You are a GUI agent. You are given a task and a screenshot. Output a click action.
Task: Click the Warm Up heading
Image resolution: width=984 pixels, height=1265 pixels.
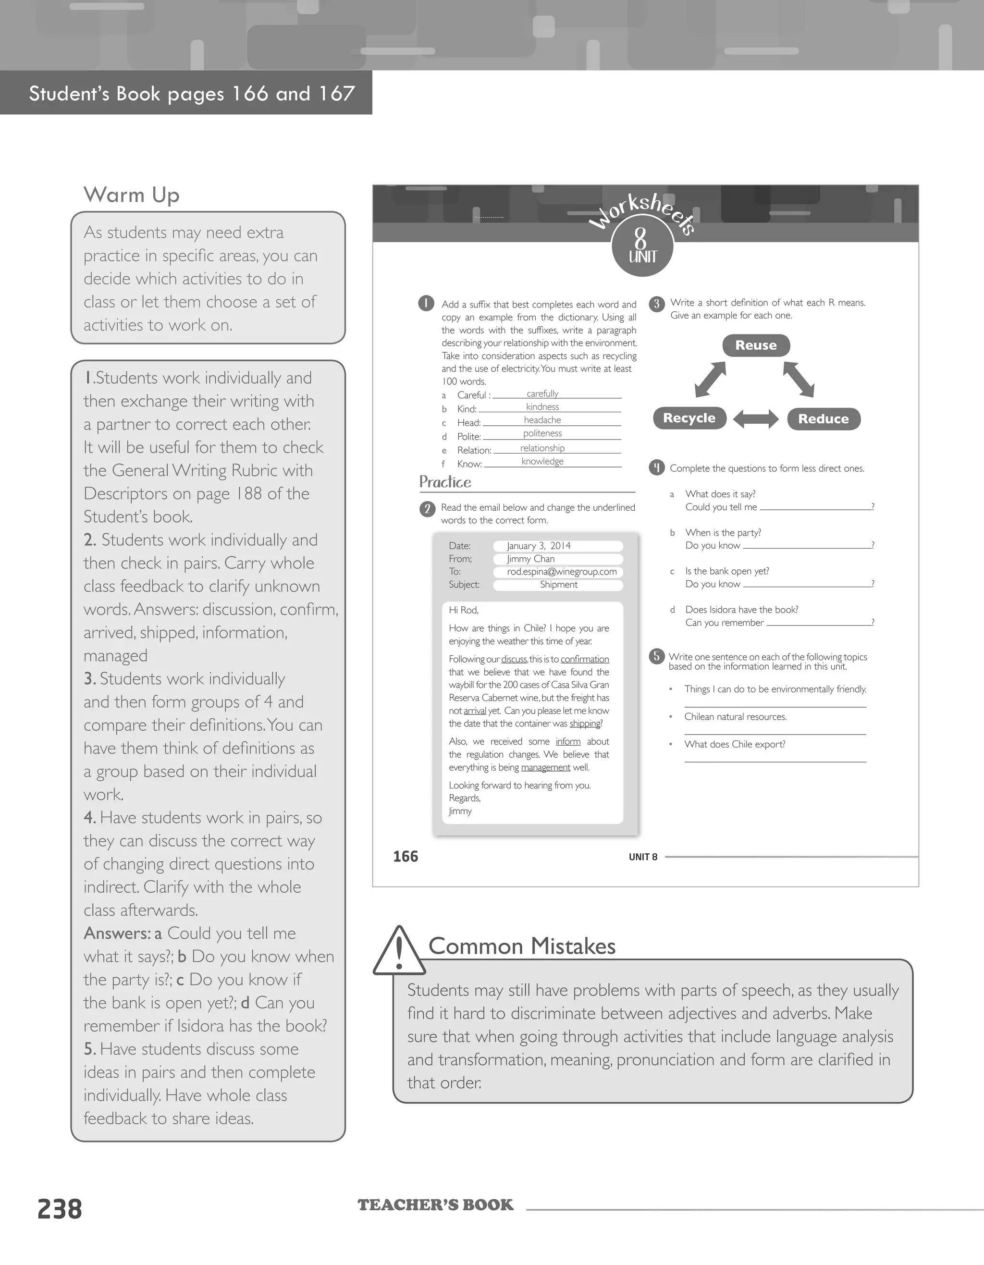(132, 195)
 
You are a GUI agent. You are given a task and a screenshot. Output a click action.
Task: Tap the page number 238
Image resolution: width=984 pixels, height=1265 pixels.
(60, 1209)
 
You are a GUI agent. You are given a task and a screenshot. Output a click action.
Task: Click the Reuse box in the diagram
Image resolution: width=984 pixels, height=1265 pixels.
(756, 345)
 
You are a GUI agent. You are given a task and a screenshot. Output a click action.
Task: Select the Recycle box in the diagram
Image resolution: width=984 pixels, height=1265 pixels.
(689, 418)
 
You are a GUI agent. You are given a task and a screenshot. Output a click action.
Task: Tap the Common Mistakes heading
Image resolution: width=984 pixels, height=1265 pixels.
(522, 946)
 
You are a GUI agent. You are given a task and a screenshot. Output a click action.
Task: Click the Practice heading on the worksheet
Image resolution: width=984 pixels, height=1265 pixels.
(445, 482)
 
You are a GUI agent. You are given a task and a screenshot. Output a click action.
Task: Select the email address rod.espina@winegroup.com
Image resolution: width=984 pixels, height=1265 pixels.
(561, 572)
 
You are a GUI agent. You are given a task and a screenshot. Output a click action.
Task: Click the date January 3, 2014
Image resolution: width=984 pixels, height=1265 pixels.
(539, 546)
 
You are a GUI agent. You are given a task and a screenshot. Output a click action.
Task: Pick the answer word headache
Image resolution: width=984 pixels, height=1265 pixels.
(542, 420)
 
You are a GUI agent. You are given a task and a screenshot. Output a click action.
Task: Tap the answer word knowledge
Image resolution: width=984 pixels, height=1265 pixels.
(542, 461)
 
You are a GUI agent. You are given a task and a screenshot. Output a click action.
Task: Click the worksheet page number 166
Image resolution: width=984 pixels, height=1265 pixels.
(406, 856)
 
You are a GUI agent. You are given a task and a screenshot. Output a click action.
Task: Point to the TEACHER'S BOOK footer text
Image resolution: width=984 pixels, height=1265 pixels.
(435, 1205)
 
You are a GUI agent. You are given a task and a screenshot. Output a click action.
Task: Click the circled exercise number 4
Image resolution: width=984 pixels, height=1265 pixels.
(657, 467)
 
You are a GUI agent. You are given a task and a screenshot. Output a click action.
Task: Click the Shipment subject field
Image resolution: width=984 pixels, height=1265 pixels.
(558, 584)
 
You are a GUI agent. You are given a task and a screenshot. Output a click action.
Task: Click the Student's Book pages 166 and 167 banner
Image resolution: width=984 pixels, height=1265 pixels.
(191, 93)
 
